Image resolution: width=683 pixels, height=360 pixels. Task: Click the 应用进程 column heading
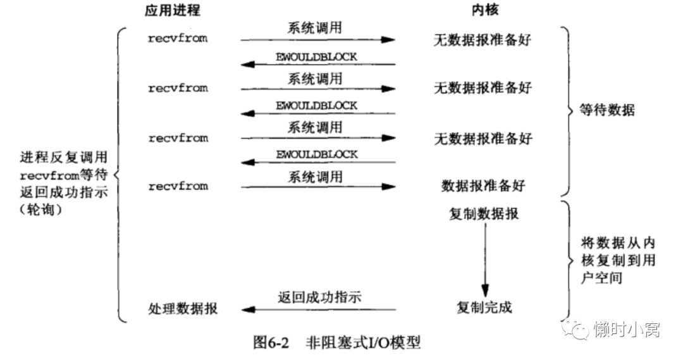tap(173, 11)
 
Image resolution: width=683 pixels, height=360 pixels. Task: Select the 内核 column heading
tap(485, 10)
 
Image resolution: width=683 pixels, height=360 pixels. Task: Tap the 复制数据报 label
tap(484, 214)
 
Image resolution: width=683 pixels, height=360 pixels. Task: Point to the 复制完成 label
tap(484, 307)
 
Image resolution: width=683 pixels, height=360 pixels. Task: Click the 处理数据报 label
tap(183, 309)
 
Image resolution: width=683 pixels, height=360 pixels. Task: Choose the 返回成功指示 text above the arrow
tap(320, 297)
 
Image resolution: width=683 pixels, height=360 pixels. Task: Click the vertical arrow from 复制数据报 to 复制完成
tap(485, 260)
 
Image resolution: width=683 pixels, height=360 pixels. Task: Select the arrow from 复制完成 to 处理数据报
tap(318, 310)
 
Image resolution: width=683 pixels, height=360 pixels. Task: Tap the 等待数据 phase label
tap(607, 110)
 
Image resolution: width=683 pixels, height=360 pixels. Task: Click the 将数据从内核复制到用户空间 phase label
tap(618, 260)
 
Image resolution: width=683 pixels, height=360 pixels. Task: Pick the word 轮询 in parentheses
tap(41, 209)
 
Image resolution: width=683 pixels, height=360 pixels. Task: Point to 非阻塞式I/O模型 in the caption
tap(363, 342)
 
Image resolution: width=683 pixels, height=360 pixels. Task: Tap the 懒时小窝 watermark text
tap(627, 330)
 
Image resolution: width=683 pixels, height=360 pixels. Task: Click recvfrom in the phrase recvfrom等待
tap(50, 176)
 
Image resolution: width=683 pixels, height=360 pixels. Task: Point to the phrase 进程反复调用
tap(64, 157)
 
